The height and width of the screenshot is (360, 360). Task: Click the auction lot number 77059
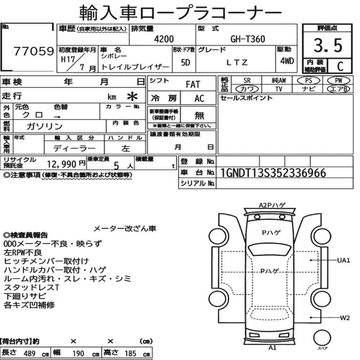[x=34, y=51]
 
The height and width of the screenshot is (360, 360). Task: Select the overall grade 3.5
[x=328, y=45]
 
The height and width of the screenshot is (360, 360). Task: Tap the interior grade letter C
[x=340, y=66]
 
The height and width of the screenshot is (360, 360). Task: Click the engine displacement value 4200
[x=164, y=39]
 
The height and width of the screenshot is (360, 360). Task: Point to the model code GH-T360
[x=248, y=39]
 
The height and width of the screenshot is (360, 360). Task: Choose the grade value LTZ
[x=237, y=62]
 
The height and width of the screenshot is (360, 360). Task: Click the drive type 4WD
[x=287, y=61]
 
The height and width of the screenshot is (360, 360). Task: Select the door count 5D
[x=185, y=62]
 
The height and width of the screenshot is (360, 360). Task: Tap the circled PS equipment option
[x=309, y=81]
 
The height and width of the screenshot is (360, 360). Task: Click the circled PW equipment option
[x=338, y=81]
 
